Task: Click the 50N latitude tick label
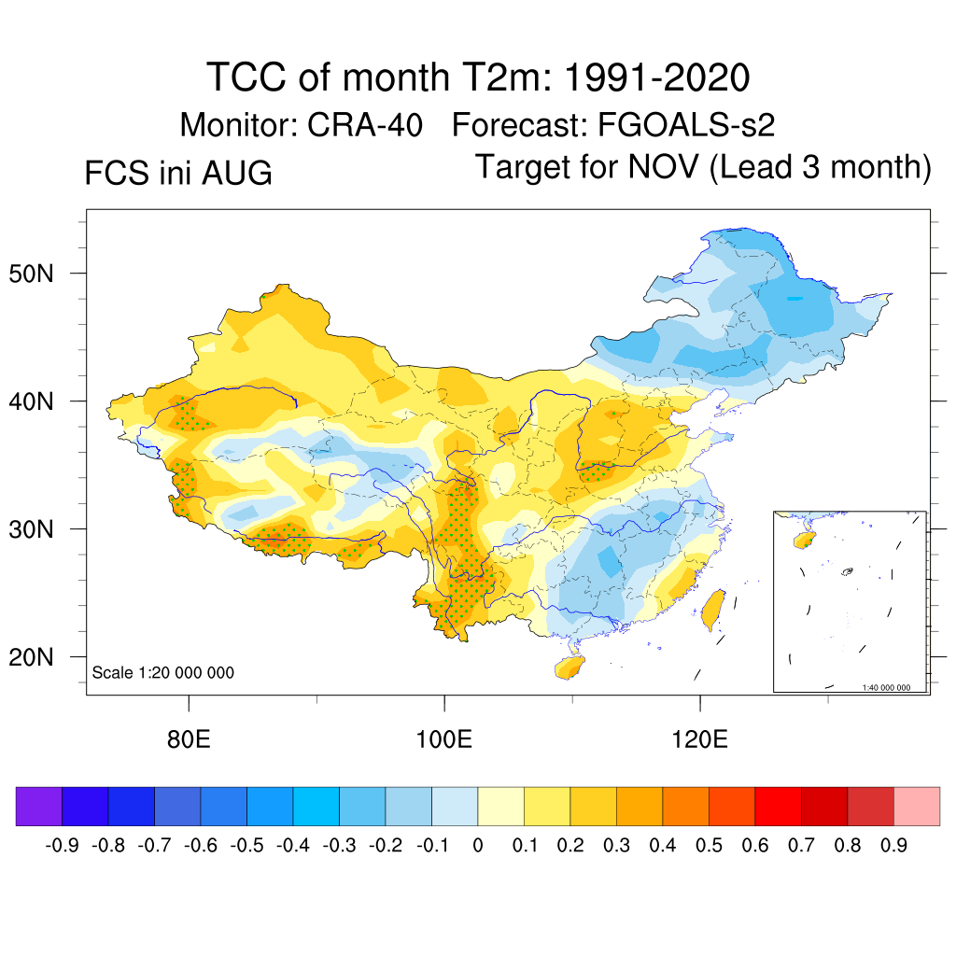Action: pos(31,274)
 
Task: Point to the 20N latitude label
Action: pos(31,657)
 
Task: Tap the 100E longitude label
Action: pos(443,739)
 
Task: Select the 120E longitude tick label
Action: pos(699,739)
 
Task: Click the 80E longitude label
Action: pos(189,739)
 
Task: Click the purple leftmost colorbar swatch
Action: pos(39,806)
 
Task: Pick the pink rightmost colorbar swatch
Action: pos(917,806)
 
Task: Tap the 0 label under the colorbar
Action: pos(478,846)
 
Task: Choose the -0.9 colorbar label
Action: pos(63,846)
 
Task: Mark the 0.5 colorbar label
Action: pos(709,846)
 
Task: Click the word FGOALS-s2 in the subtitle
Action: pos(686,125)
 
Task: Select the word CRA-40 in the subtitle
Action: pos(365,125)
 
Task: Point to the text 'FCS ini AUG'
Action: pos(178,173)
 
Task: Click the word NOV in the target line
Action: pos(664,166)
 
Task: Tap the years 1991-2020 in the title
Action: pos(656,77)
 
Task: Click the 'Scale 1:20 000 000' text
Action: pos(162,672)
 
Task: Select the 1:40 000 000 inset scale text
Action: pos(886,687)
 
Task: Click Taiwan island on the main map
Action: pos(712,611)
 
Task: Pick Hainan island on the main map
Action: pos(569,668)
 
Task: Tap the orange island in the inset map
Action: pos(804,540)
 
